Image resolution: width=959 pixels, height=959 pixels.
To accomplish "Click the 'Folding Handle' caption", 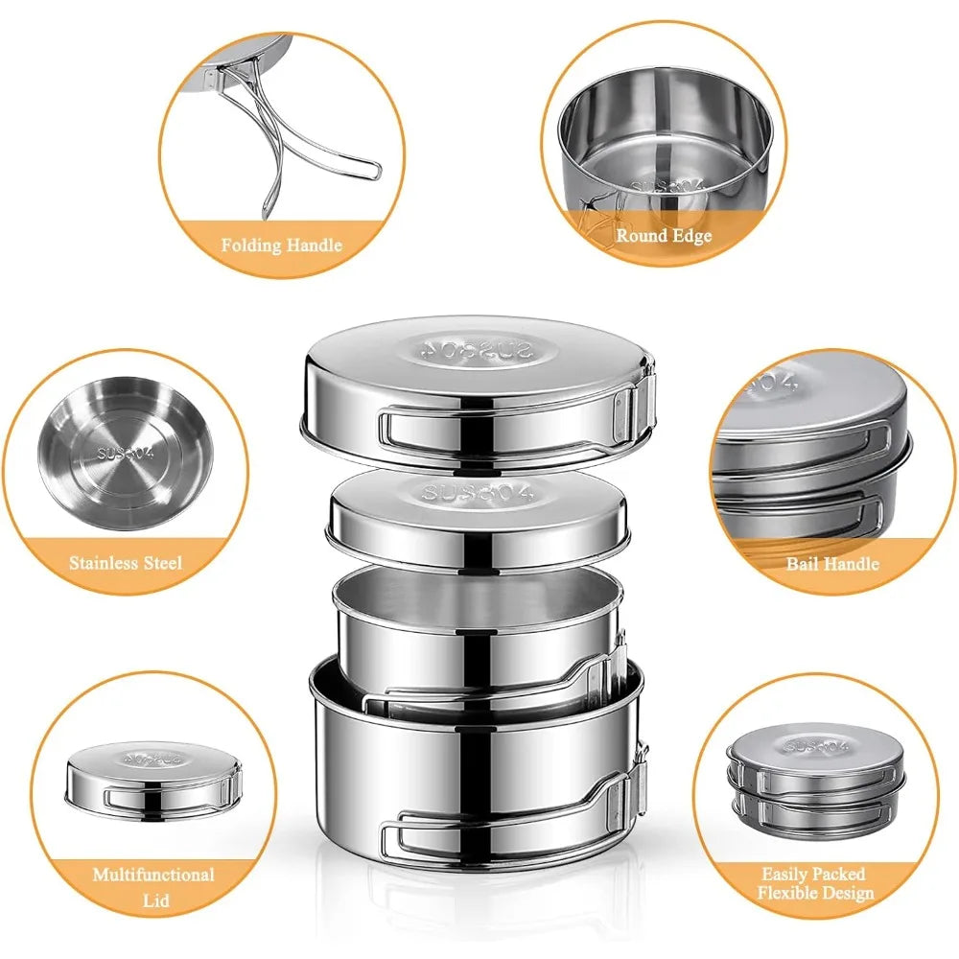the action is pos(281,246).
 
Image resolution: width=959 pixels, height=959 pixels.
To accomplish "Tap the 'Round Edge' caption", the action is pos(664,236).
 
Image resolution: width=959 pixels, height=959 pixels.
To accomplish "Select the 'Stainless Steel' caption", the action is pos(126,563).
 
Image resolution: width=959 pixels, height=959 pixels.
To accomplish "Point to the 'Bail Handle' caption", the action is pos(832,563).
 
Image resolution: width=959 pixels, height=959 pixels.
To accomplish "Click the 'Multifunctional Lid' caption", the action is pos(153,887).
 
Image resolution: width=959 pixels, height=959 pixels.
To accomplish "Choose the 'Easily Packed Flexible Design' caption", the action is pos(815,883).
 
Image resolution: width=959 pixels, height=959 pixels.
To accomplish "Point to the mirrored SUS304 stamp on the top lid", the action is pos(476,350).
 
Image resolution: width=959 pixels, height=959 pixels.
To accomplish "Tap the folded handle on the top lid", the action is pos(514,422).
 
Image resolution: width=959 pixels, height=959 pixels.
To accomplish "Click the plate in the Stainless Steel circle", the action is pos(126,454).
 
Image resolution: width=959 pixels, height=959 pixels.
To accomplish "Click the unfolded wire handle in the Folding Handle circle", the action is pos(293,134).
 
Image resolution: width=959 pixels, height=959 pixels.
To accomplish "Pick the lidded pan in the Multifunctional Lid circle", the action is pos(153,782).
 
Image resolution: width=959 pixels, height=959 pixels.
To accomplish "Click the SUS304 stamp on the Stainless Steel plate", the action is pos(126,454).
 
